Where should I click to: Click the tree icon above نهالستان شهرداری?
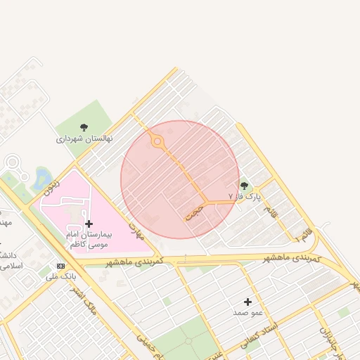click(84, 127)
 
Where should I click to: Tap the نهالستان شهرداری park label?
click(84, 139)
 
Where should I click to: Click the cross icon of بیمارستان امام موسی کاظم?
click(88, 224)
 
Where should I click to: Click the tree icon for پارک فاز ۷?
click(244, 186)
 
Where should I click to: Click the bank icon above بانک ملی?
click(60, 266)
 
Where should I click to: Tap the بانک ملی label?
click(60, 276)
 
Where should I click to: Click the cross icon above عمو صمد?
click(247, 301)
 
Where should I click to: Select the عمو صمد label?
click(248, 311)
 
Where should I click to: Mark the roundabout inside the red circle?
click(157, 142)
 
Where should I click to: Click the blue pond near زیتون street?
click(42, 177)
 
